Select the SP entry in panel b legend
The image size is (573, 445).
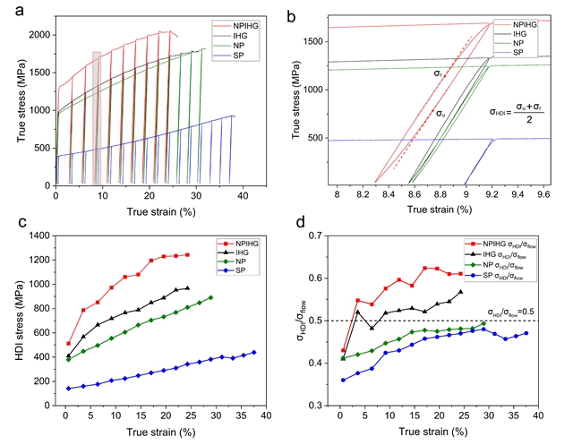pyautogui.click(x=525, y=53)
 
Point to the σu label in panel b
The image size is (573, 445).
pyautogui.click(x=441, y=114)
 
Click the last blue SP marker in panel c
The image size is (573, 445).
pyautogui.click(x=253, y=352)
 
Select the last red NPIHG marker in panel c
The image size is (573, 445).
pyautogui.click(x=187, y=254)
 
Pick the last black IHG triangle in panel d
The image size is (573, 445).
pyautogui.click(x=461, y=292)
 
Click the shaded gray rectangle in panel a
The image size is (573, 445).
pyautogui.click(x=97, y=116)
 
